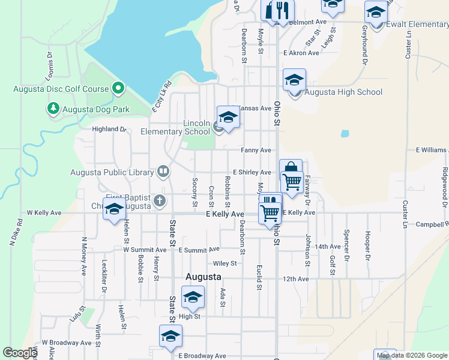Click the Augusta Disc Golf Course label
point(61,89)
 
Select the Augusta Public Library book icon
point(163,172)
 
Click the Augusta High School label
point(343,92)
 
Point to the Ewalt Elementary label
point(418,25)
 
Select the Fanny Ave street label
point(256,150)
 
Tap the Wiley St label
point(225,263)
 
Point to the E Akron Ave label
point(301,53)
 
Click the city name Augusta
point(203,277)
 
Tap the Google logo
point(20,353)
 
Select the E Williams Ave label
point(431,149)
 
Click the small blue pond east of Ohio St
point(345,134)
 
